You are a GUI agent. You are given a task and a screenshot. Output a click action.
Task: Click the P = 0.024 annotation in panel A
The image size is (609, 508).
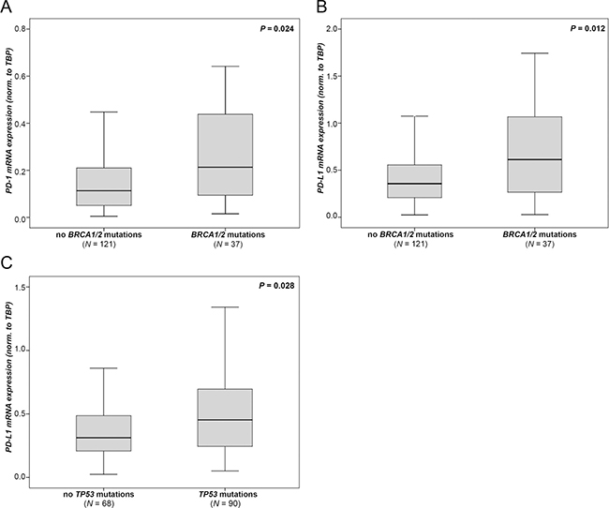tap(276, 29)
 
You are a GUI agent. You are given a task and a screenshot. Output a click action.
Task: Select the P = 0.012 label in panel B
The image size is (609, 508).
tap(587, 29)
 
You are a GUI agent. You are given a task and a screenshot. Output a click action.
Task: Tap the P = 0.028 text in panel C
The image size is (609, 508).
tap(276, 286)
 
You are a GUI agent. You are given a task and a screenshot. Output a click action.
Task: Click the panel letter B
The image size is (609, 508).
tap(322, 7)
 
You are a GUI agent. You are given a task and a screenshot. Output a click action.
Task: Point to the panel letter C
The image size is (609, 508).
tap(7, 263)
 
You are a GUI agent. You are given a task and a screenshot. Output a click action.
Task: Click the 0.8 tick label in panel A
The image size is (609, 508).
tap(21, 29)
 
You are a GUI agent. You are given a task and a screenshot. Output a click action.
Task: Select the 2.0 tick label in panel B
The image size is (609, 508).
tap(332, 29)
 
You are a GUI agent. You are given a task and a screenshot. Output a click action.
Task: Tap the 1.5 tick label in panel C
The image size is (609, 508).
tap(21, 287)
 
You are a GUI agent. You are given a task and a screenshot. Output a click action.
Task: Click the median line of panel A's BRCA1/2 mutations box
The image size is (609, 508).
tap(225, 167)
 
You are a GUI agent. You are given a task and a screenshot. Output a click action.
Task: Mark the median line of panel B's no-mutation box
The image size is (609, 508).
tap(415, 184)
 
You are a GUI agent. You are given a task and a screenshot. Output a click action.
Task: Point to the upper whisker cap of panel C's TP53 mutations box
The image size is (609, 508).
tap(225, 307)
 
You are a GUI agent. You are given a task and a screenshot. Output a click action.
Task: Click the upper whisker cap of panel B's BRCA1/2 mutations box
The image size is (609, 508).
tap(535, 52)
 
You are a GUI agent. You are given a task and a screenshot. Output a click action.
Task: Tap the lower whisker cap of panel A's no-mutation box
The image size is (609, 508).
tap(104, 217)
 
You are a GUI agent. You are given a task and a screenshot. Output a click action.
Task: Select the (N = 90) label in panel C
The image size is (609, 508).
tap(226, 503)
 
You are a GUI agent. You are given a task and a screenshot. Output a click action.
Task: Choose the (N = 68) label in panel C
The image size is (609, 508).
tap(98, 503)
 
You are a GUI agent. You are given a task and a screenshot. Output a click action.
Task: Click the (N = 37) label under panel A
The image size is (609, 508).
tap(228, 244)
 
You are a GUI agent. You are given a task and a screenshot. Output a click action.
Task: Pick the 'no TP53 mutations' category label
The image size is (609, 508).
tap(98, 494)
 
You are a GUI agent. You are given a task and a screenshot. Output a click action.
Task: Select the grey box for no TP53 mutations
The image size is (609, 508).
tap(104, 433)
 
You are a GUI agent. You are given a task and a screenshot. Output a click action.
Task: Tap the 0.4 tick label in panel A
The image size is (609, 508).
tap(21, 124)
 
